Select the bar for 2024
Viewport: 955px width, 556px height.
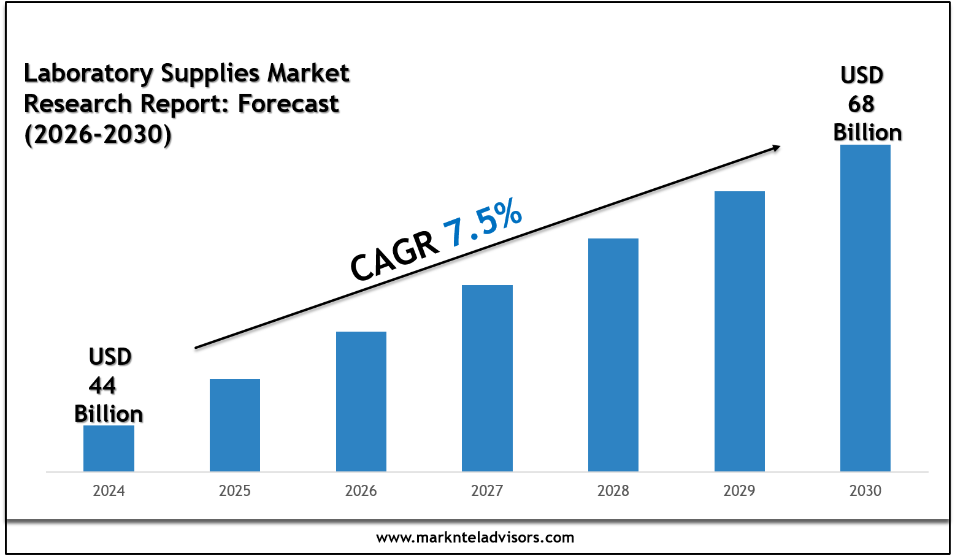109,448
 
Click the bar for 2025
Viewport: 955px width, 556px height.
235,425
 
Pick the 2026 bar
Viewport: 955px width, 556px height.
361,402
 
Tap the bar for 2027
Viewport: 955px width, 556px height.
487,378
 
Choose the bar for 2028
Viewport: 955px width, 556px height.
613,355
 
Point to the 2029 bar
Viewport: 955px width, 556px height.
740,331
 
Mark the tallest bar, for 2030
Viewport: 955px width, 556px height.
865,308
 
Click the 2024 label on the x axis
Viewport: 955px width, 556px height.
109,491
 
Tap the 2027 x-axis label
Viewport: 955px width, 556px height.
487,491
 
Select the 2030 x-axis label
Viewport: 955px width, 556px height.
865,491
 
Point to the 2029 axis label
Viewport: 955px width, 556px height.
740,491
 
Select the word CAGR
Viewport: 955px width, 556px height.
394,255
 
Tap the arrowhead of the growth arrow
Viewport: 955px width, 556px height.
775,147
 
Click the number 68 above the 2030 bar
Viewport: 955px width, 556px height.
861,104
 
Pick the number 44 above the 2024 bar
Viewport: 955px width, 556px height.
102,386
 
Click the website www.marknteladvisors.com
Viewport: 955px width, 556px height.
475,538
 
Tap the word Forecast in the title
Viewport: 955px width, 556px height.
288,104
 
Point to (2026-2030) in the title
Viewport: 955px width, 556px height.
98,134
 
